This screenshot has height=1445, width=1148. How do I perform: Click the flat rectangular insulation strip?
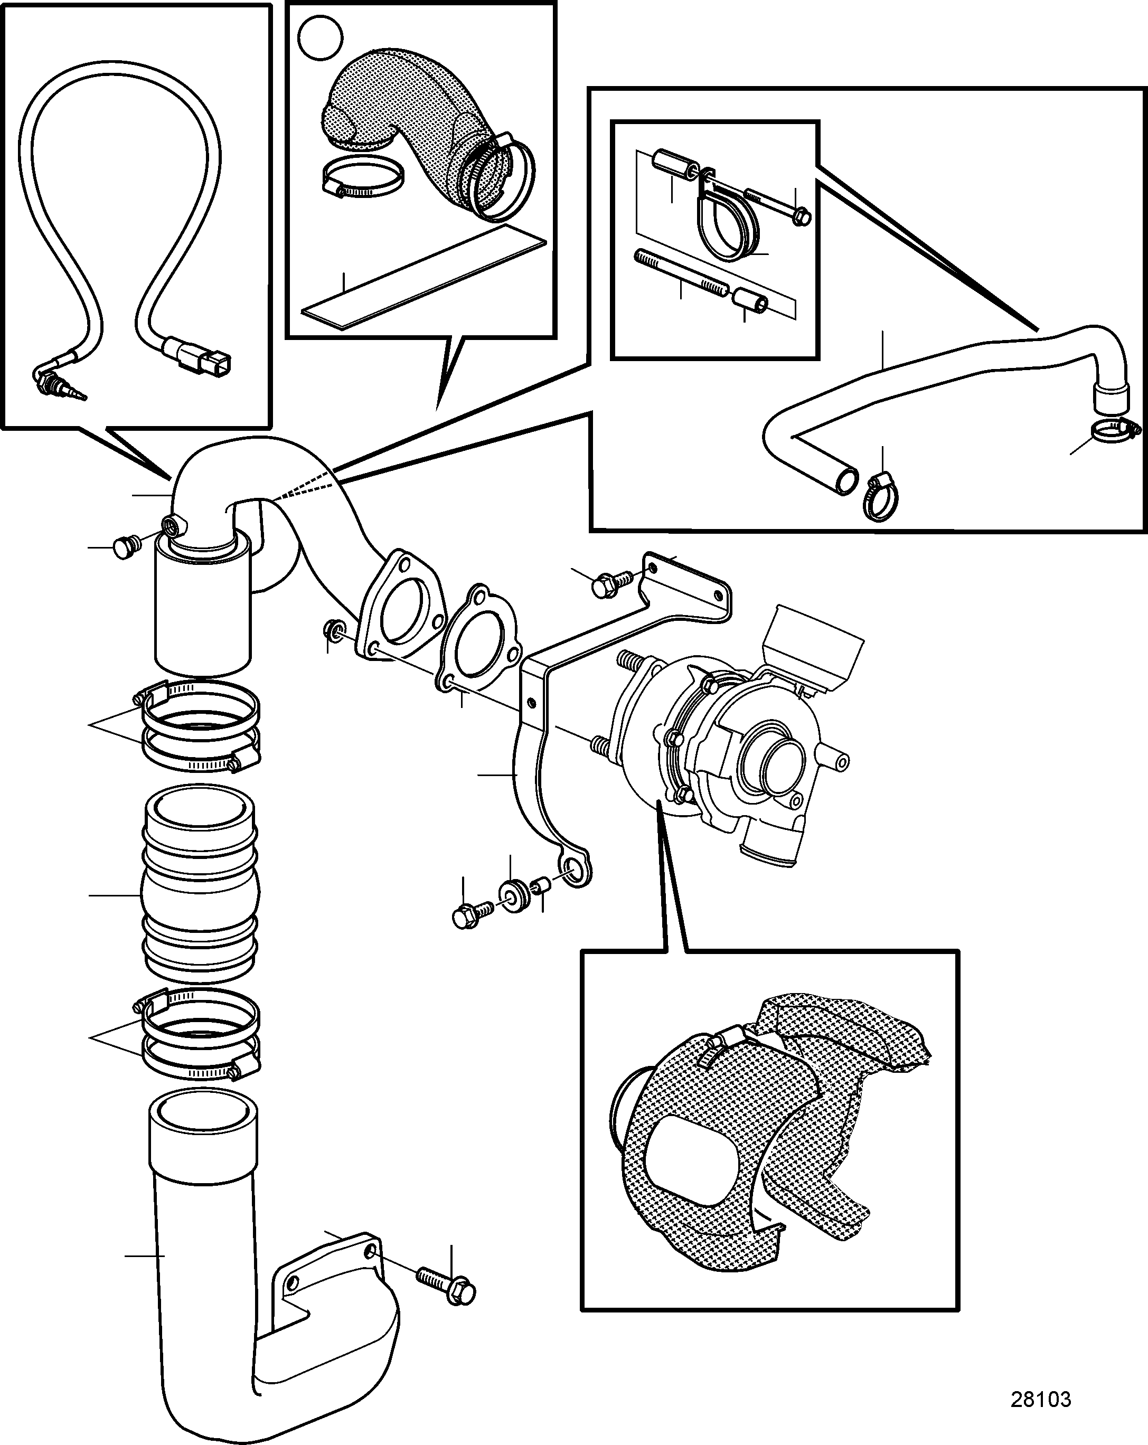(424, 276)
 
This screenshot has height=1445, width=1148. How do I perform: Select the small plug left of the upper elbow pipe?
(127, 546)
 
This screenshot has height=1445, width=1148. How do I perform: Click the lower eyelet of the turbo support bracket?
(575, 870)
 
